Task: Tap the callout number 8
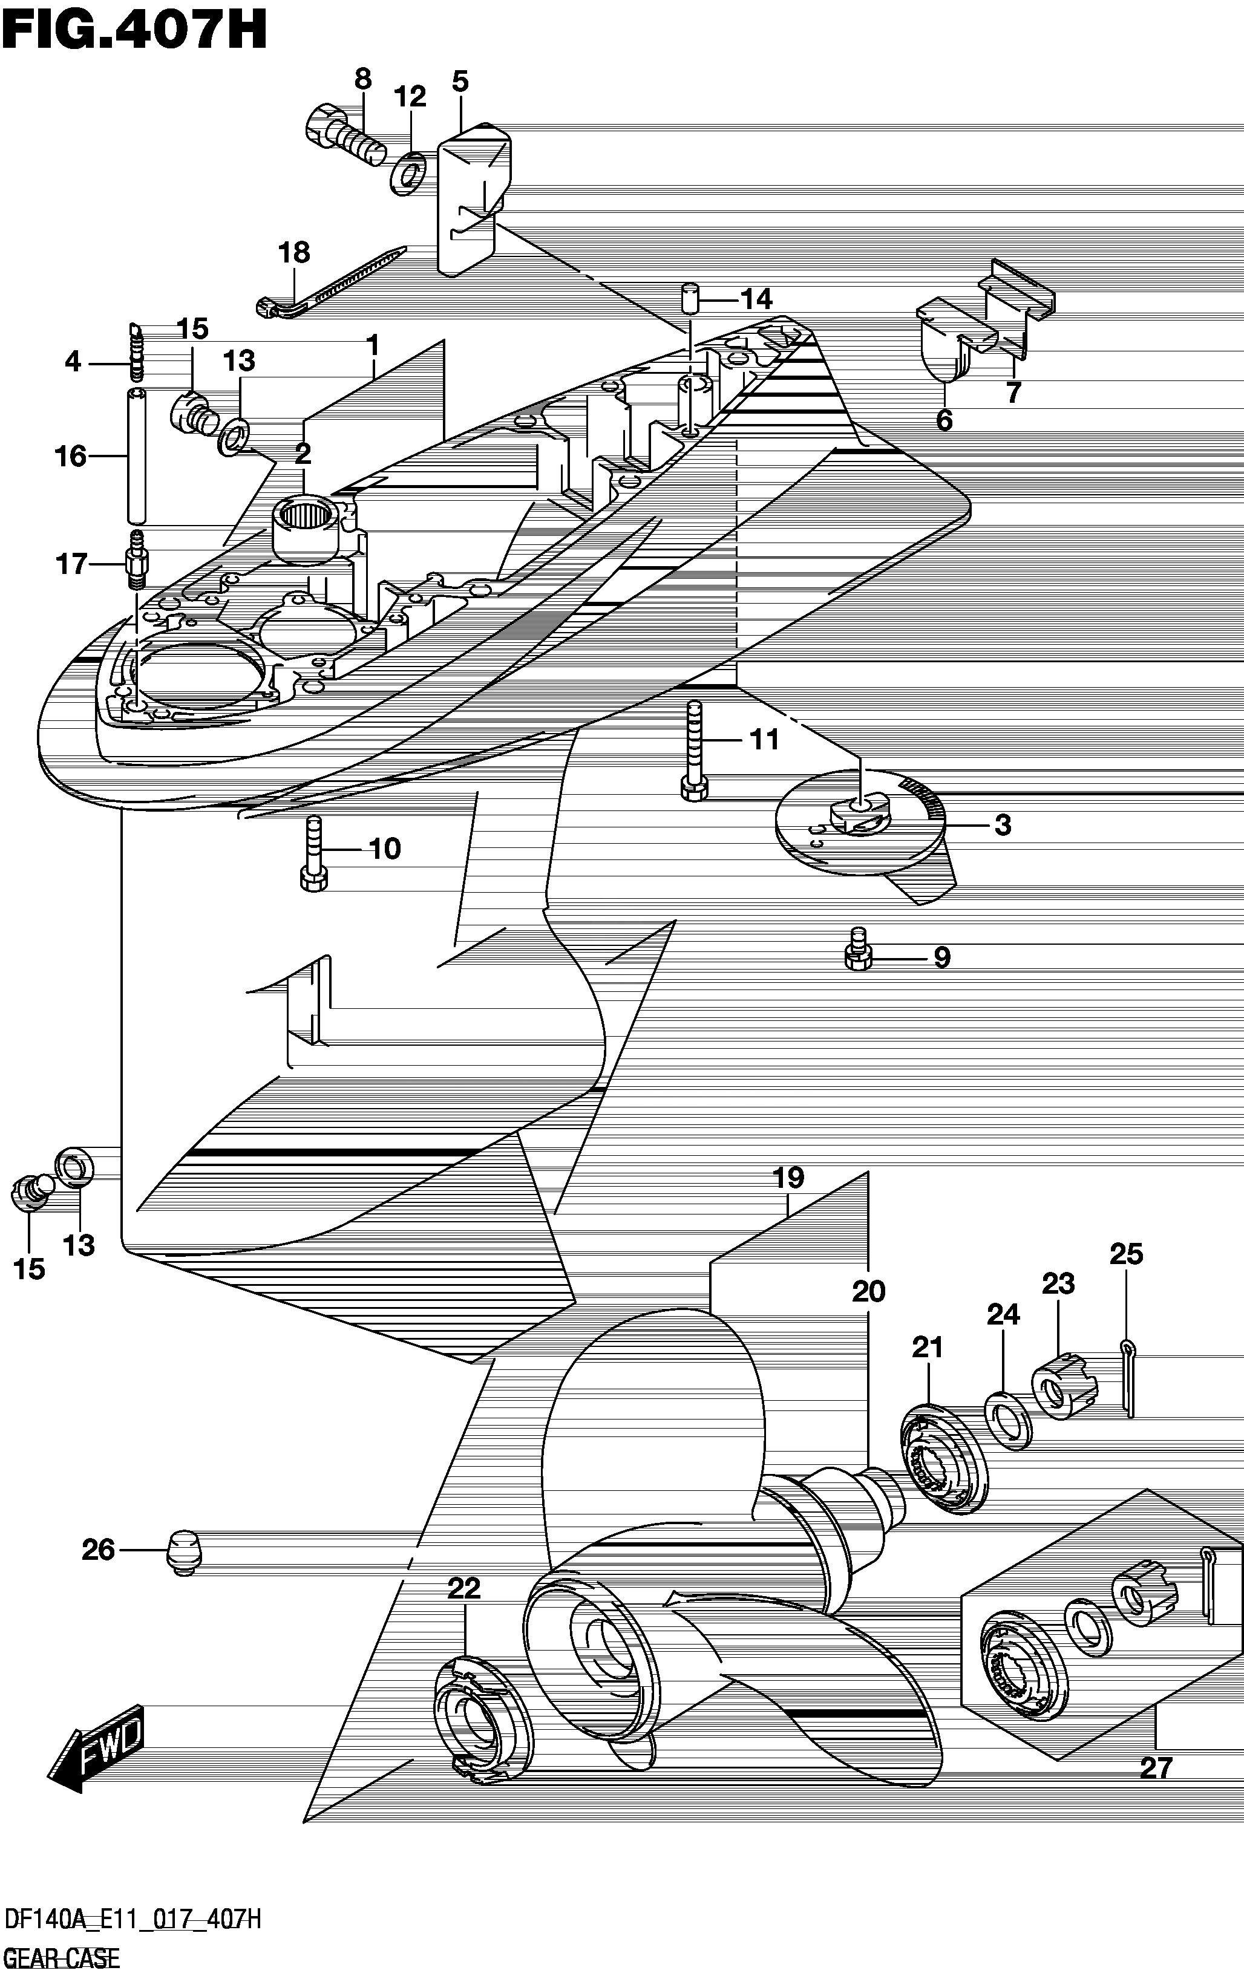363,79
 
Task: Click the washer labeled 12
407,173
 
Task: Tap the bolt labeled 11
693,750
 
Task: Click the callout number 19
788,1178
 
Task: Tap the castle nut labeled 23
1066,1386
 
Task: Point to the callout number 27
1155,1767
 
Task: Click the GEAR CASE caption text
62,1958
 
